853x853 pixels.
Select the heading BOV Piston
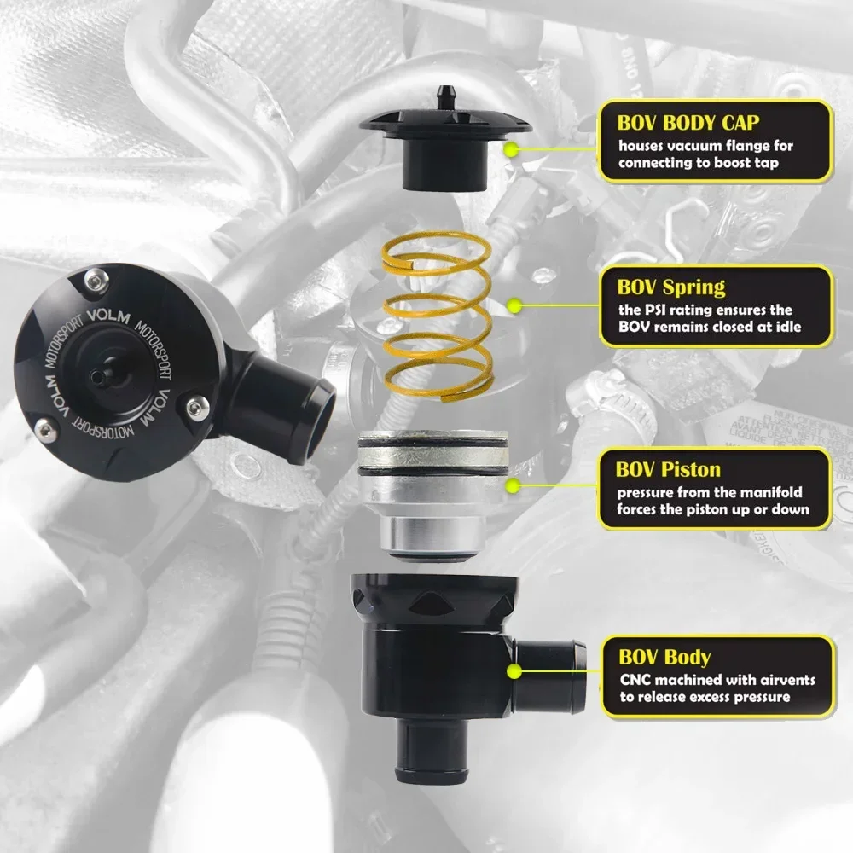pyautogui.click(x=668, y=470)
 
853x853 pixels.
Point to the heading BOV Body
pyautogui.click(x=664, y=657)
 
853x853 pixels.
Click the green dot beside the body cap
pyautogui.click(x=511, y=149)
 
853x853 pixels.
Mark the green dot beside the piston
pyautogui.click(x=513, y=486)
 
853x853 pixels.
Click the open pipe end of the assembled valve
pyautogui.click(x=316, y=419)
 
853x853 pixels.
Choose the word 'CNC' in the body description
pyautogui.click(x=635, y=680)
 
